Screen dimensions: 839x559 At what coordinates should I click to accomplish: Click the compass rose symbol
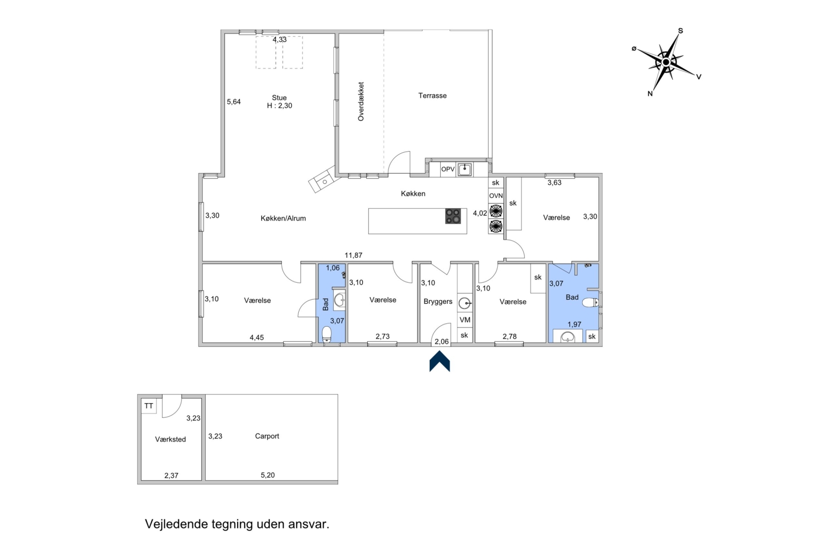tap(666, 62)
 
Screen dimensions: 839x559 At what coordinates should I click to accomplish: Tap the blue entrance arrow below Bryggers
tap(440, 361)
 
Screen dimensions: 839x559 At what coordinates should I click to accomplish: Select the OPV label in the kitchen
tap(447, 169)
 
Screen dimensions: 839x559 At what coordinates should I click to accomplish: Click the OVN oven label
tap(496, 196)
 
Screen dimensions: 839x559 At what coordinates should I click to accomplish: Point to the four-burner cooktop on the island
tap(453, 216)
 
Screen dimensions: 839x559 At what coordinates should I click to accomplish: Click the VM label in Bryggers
tap(465, 320)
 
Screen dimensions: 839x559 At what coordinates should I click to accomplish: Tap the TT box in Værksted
tap(149, 406)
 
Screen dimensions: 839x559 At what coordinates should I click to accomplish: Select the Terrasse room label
tap(432, 95)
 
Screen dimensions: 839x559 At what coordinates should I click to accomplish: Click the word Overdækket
tap(360, 101)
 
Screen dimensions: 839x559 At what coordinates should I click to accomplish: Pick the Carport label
tap(267, 436)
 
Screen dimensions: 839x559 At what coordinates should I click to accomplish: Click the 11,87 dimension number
tap(354, 255)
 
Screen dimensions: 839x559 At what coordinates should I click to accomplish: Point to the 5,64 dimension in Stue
tap(234, 101)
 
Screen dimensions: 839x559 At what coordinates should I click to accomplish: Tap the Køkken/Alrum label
tap(283, 218)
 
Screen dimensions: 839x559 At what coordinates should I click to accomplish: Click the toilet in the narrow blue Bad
tap(327, 334)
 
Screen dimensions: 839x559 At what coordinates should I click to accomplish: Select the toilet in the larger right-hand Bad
tap(591, 302)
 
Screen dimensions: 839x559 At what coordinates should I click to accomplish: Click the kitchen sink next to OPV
tap(465, 169)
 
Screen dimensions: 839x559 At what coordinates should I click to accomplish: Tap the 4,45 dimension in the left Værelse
tap(257, 337)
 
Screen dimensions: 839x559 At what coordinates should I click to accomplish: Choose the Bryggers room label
tap(438, 301)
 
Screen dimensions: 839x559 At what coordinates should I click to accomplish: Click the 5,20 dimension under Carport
tap(268, 475)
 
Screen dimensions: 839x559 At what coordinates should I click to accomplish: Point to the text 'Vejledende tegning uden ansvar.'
tap(237, 524)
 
